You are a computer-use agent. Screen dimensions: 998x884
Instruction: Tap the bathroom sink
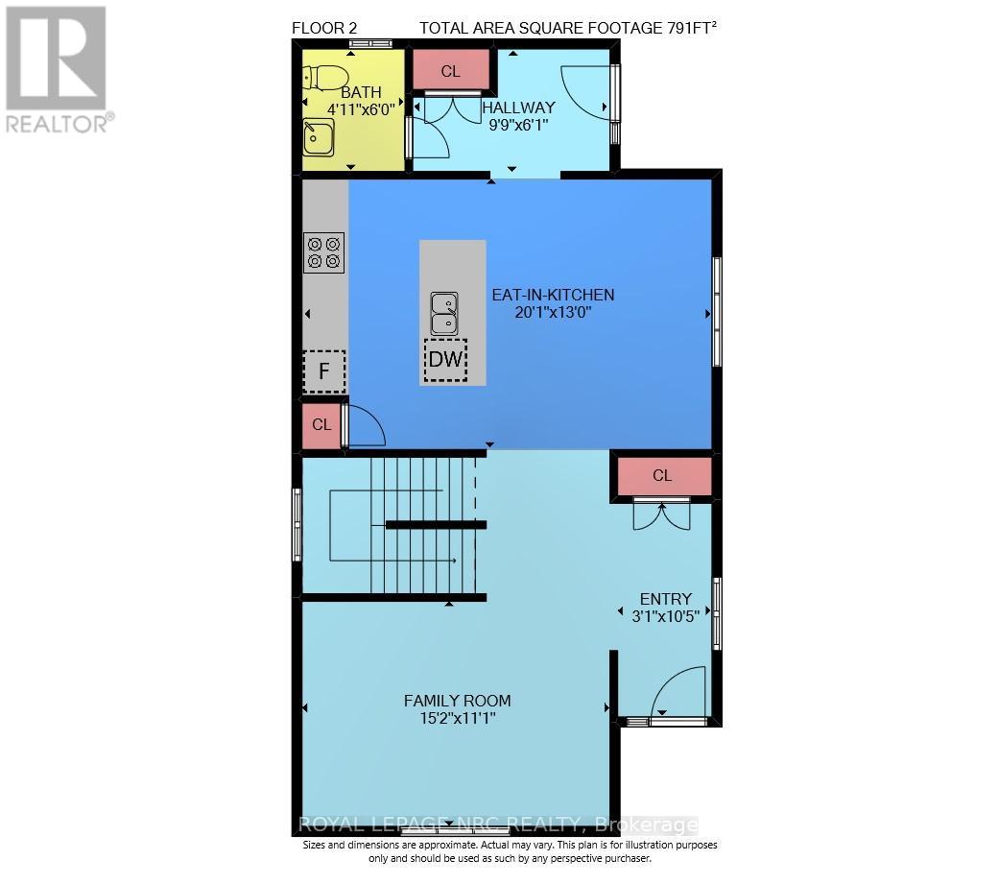(x=319, y=137)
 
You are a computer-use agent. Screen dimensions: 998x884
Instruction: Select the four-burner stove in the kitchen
(x=324, y=252)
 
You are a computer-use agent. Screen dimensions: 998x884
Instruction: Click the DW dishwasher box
(x=445, y=360)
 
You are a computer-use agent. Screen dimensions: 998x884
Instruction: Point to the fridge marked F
(x=324, y=370)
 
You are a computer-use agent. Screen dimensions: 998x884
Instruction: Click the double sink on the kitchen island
(x=444, y=313)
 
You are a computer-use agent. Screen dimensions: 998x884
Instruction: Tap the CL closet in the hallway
(x=451, y=70)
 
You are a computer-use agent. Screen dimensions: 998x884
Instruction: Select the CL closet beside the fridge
(x=321, y=424)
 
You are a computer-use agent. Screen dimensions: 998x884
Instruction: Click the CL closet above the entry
(x=662, y=475)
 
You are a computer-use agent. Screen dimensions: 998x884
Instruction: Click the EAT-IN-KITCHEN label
(x=553, y=295)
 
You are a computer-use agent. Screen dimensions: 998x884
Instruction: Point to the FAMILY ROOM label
(x=457, y=701)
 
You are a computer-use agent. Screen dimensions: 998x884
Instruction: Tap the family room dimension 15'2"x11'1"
(x=457, y=719)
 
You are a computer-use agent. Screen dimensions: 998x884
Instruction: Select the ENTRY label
(x=666, y=599)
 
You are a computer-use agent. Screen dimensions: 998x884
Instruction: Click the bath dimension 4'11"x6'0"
(x=361, y=108)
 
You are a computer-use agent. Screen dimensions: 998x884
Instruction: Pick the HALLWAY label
(x=519, y=108)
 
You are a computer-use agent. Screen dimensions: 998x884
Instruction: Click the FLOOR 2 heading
(x=324, y=28)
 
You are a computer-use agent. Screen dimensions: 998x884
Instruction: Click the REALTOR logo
(x=58, y=69)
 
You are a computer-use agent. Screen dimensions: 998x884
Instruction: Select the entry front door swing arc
(x=668, y=681)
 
